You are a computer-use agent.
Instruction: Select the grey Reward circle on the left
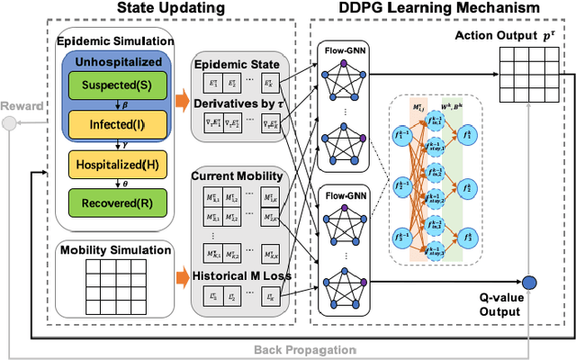(x=10, y=123)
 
